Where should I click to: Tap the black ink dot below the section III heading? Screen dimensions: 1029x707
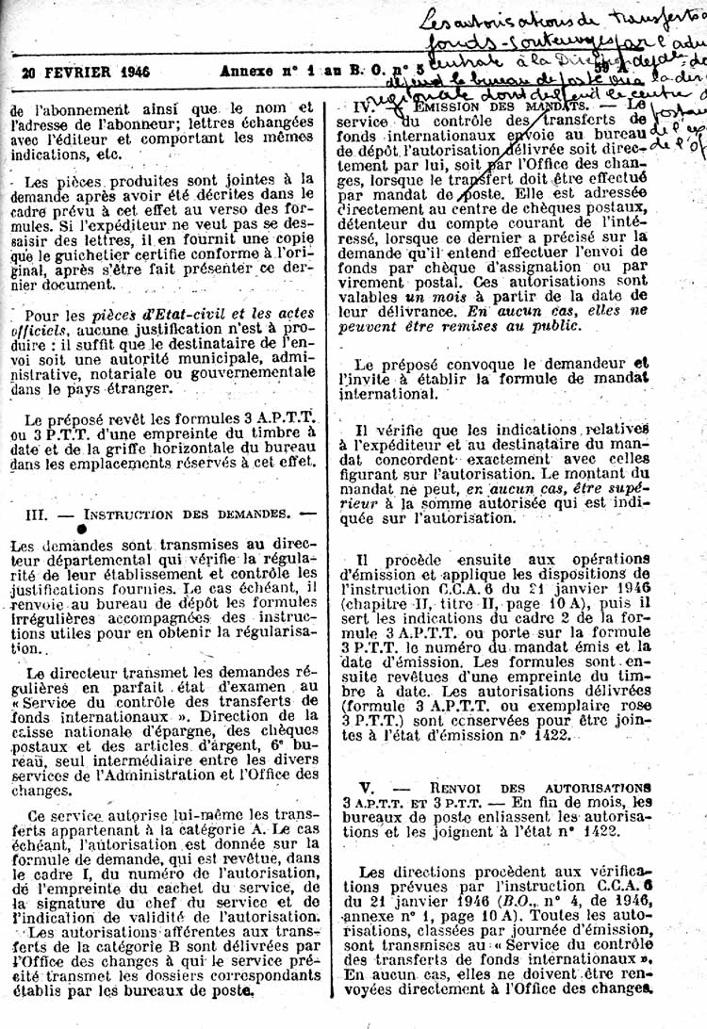pyautogui.click(x=82, y=530)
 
